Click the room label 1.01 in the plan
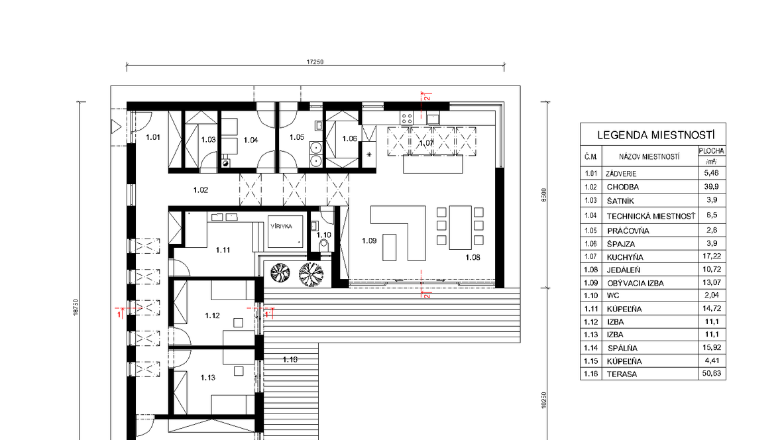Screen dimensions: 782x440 point(153,137)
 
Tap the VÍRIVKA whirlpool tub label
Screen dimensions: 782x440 point(281,226)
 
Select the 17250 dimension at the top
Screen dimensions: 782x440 point(315,62)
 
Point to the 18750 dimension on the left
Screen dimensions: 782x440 point(76,307)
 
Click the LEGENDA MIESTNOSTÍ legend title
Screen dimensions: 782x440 point(656,135)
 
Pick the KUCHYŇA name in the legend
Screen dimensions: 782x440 point(625,257)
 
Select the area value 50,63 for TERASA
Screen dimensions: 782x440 point(711,373)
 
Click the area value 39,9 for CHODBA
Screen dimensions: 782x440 point(711,186)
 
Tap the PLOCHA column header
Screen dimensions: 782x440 point(712,150)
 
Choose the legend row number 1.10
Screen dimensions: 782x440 point(590,296)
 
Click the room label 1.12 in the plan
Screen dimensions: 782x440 point(213,315)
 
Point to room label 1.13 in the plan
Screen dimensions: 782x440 point(208,378)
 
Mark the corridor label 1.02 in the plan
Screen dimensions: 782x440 point(201,190)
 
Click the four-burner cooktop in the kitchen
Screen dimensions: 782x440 point(407,118)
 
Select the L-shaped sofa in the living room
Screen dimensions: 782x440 point(398,233)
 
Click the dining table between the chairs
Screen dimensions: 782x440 point(461,227)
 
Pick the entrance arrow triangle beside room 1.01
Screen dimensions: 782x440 point(116,127)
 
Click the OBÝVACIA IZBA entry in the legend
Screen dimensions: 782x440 point(636,283)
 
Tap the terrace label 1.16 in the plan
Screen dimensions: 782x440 point(290,359)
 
